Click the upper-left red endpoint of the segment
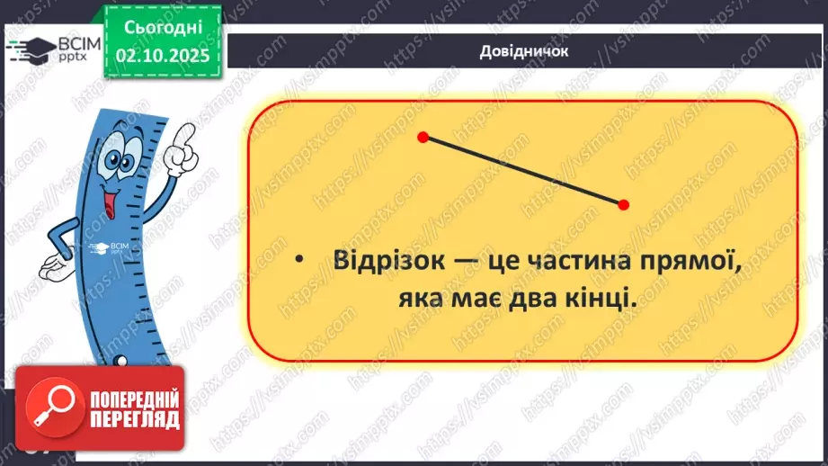click(x=423, y=138)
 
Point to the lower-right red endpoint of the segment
click(x=624, y=205)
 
